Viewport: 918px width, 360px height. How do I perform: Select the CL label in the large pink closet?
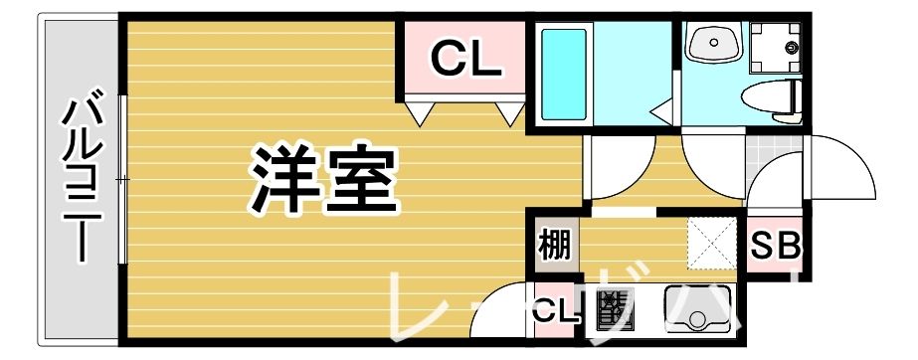(x=464, y=61)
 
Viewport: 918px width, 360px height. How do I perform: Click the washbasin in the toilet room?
(x=714, y=44)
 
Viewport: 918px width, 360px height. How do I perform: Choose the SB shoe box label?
(x=775, y=246)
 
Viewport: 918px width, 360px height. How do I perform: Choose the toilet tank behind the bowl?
(x=794, y=97)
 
